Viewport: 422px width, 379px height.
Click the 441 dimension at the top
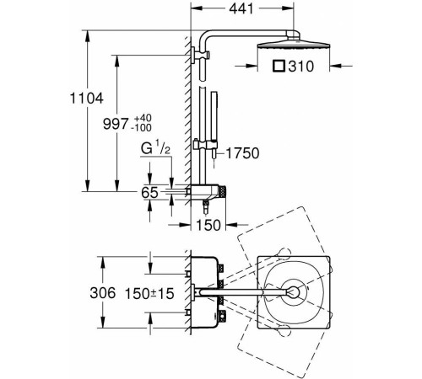click(x=241, y=9)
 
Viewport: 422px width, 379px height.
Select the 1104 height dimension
click(x=87, y=99)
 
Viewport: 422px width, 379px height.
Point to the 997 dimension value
click(x=116, y=124)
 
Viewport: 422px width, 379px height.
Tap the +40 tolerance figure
click(x=143, y=118)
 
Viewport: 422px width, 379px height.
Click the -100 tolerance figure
click(x=141, y=128)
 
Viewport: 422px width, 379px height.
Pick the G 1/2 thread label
click(x=155, y=148)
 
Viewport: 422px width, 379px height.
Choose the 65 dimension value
click(x=149, y=193)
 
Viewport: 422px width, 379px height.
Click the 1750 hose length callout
click(x=242, y=153)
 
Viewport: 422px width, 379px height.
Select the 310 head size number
click(x=301, y=67)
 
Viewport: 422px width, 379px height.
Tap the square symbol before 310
click(x=279, y=67)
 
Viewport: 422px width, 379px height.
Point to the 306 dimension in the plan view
click(x=103, y=293)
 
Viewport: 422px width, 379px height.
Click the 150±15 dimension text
click(x=149, y=294)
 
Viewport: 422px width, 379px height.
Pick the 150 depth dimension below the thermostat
click(x=208, y=225)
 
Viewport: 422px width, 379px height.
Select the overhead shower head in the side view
click(x=293, y=45)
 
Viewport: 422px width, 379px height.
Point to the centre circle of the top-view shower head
click(x=294, y=292)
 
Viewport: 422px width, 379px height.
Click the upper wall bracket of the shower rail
click(x=200, y=55)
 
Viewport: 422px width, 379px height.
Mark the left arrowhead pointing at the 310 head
click(x=252, y=67)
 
